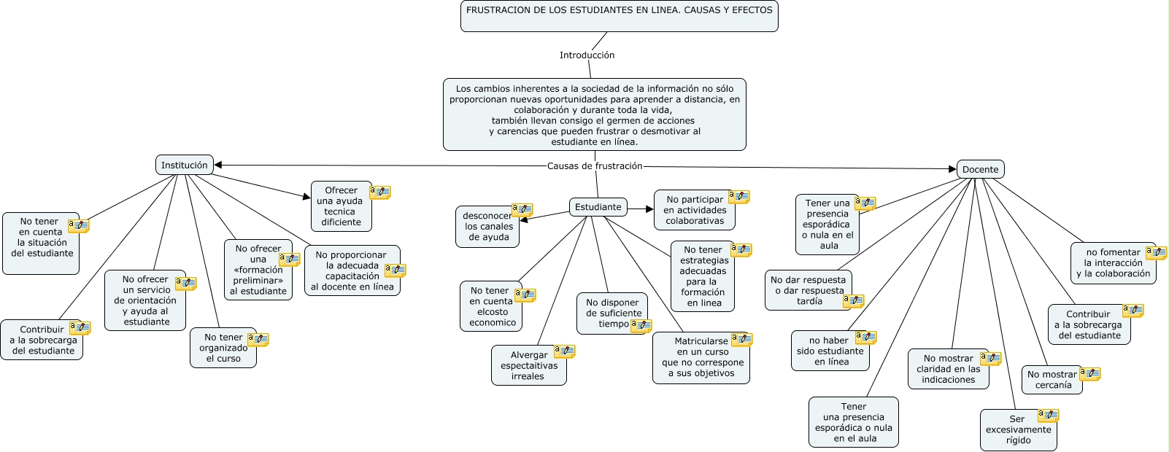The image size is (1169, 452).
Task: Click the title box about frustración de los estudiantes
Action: tap(619, 15)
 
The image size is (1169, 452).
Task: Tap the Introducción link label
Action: tap(587, 55)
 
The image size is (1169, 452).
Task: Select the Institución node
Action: tap(184, 165)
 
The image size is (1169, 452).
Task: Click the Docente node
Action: tap(980, 169)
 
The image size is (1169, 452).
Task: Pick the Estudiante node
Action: tap(598, 207)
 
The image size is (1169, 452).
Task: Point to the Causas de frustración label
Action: tap(595, 165)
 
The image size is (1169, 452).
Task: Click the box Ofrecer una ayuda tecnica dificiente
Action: tap(342, 206)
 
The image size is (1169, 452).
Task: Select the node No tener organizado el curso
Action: tap(223, 348)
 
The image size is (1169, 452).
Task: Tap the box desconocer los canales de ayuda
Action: tap(487, 226)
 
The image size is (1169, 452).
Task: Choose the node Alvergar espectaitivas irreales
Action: tap(528, 365)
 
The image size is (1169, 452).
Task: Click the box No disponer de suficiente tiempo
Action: tap(612, 313)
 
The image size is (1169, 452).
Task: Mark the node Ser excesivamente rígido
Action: tap(1018, 429)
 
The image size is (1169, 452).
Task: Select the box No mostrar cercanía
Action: tap(1052, 380)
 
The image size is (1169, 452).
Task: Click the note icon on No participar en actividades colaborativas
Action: tap(739, 197)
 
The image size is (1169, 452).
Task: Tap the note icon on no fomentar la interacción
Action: tap(1156, 253)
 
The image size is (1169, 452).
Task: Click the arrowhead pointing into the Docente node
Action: tap(952, 169)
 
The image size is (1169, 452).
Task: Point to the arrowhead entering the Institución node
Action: tap(218, 165)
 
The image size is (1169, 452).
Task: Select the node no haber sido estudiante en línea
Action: tap(830, 351)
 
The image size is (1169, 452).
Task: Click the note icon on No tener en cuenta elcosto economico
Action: tap(525, 295)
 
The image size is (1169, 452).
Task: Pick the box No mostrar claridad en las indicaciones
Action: tap(948, 369)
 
